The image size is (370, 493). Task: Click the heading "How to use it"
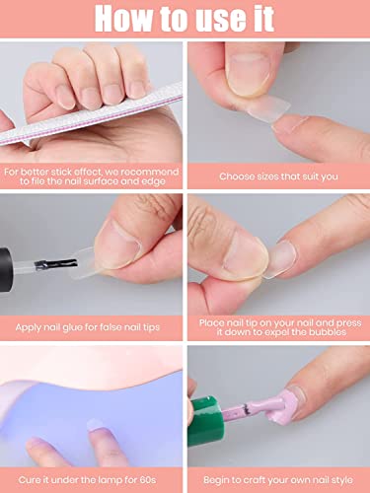pyautogui.click(x=185, y=19)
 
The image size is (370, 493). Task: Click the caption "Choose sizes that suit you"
pyautogui.click(x=278, y=176)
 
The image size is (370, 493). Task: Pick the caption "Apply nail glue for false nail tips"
pyautogui.click(x=88, y=327)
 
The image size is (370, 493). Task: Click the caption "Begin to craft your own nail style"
pyautogui.click(x=278, y=480)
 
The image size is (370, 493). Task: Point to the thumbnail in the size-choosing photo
pyautogui.click(x=249, y=74)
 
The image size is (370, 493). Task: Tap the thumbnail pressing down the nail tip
pyautogui.click(x=244, y=255)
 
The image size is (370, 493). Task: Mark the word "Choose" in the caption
pyautogui.click(x=235, y=176)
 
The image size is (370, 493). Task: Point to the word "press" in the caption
pyautogui.click(x=348, y=323)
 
